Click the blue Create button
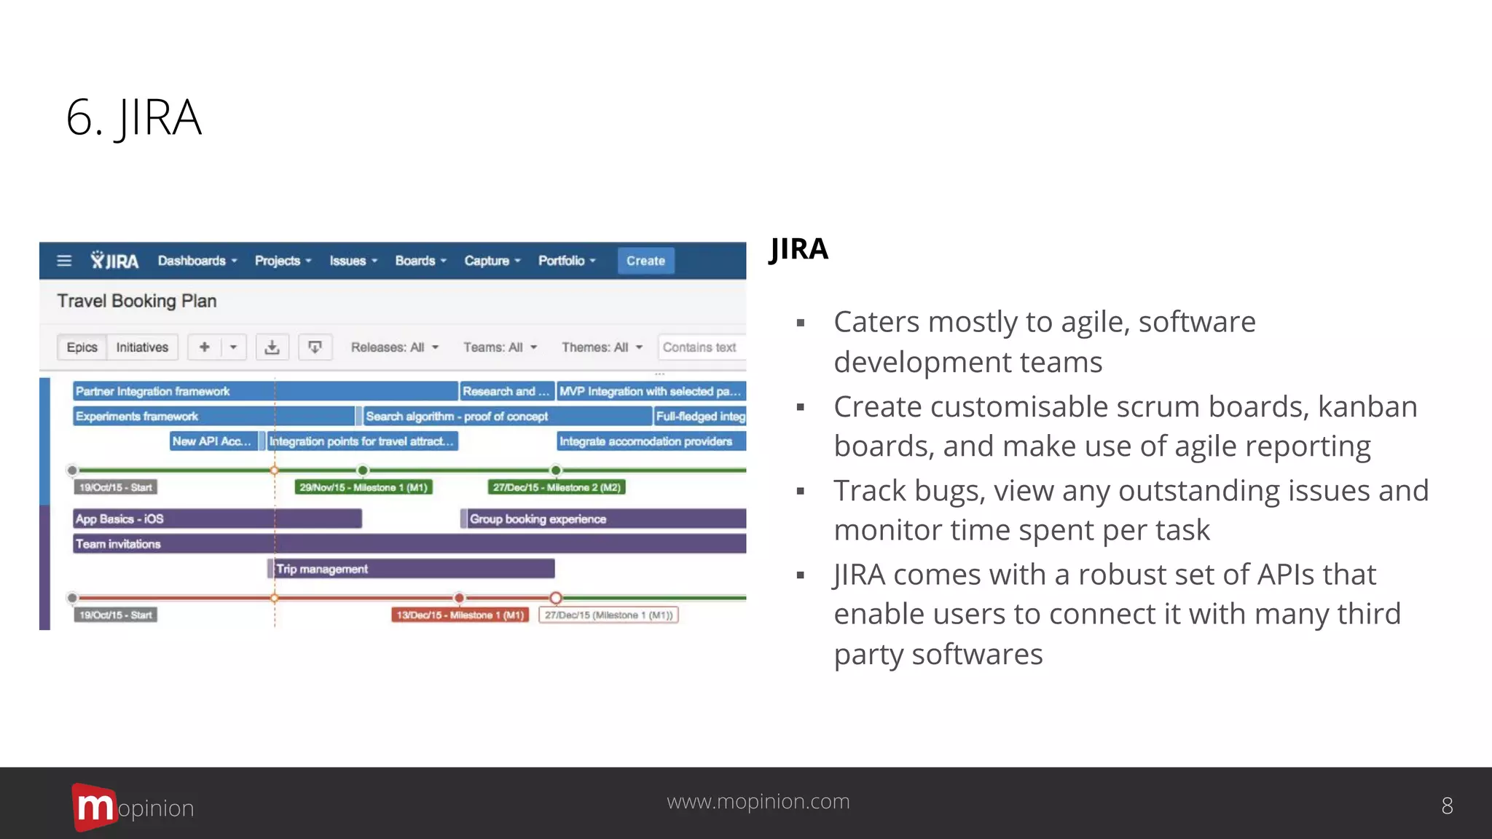[x=645, y=261]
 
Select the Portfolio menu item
[x=566, y=261]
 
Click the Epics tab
[x=82, y=347]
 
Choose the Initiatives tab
[x=142, y=347]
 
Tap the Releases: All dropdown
[x=394, y=347]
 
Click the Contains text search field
[x=701, y=347]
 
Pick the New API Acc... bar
[x=213, y=441]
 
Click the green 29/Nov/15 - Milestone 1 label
[x=364, y=487]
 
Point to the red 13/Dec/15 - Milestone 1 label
[x=460, y=615]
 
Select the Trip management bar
[x=412, y=569]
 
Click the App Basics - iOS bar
[x=217, y=519]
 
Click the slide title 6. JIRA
[x=134, y=118]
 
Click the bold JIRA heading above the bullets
[x=798, y=249]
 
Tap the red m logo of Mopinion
[x=93, y=806]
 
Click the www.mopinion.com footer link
[x=758, y=801]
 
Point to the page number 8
[x=1447, y=805]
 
